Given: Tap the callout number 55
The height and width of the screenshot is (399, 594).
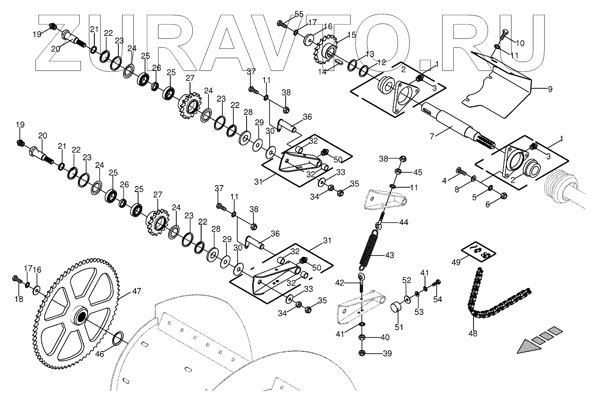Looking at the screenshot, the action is coord(299,14).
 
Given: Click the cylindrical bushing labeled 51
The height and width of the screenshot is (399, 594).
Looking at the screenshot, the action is coord(395,307).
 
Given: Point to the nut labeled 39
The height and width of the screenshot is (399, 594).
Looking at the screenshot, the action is coord(362,354).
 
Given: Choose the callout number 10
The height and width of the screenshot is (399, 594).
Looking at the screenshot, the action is coord(519,43).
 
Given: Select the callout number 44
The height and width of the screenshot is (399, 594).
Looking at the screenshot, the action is coord(404,222).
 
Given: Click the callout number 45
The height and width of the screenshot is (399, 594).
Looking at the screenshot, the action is coord(418,172).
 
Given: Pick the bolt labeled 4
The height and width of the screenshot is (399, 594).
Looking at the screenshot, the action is coord(459,172).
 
